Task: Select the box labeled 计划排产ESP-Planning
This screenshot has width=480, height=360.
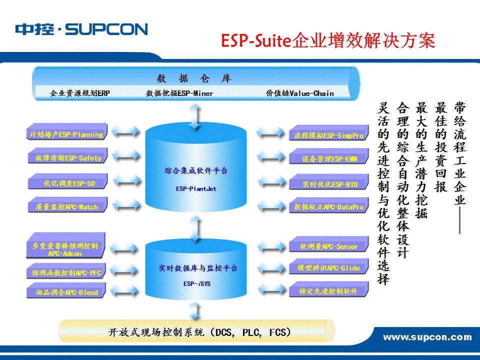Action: [66, 134]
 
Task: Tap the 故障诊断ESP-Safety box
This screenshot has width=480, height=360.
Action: [66, 158]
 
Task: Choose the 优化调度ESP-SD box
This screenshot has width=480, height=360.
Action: [66, 183]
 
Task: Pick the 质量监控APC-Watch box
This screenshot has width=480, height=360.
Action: [66, 206]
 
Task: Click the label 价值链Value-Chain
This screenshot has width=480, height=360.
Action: [299, 93]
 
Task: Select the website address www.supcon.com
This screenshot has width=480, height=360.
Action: [427, 337]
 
